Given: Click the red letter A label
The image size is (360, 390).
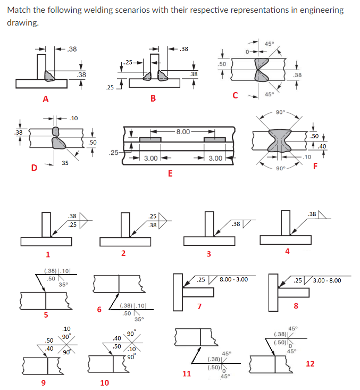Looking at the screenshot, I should [46, 98].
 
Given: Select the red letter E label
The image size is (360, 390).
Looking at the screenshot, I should [170, 173].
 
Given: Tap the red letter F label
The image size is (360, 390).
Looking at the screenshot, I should [315, 165].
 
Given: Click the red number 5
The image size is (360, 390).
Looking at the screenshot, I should [46, 314].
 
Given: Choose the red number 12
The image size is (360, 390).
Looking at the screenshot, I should [311, 363].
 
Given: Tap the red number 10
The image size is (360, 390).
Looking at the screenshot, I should [104, 382].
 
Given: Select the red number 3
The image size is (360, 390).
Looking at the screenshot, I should [208, 254].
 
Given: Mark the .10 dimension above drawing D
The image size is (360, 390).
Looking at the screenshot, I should [73, 118].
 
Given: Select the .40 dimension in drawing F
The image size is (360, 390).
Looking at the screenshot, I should [322, 146].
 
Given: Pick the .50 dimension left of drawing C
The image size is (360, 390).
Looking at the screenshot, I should [222, 64].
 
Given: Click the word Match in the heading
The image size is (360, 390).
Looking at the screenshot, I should [20, 10].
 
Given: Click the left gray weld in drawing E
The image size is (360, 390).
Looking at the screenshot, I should [150, 139].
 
